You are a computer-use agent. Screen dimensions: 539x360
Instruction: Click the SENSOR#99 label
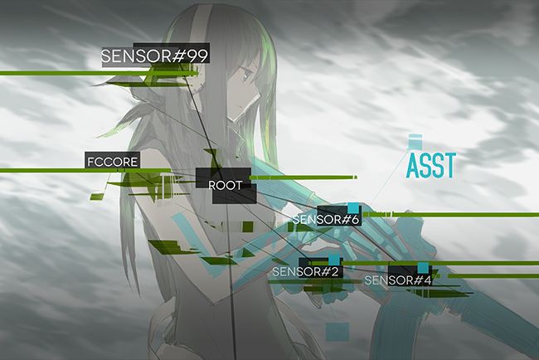[153, 56]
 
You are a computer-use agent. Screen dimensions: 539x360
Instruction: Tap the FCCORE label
[112, 161]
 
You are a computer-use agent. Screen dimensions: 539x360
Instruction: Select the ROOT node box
[226, 185]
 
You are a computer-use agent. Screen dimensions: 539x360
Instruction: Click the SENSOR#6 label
[326, 220]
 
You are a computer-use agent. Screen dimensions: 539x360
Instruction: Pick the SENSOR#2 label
[306, 271]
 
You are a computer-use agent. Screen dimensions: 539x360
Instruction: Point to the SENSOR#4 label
[398, 280]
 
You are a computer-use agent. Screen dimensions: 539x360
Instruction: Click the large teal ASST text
[431, 166]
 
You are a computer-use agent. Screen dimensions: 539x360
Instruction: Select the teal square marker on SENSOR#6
[354, 208]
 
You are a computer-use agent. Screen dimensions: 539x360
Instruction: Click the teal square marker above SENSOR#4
[423, 267]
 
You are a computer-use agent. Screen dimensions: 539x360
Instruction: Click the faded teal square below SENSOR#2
[336, 332]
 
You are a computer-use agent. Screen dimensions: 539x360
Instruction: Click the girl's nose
[246, 97]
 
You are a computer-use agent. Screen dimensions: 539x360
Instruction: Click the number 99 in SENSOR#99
[197, 56]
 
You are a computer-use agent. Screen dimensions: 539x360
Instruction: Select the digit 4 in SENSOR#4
[427, 280]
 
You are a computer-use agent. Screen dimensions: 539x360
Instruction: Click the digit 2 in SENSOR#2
[336, 271]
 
